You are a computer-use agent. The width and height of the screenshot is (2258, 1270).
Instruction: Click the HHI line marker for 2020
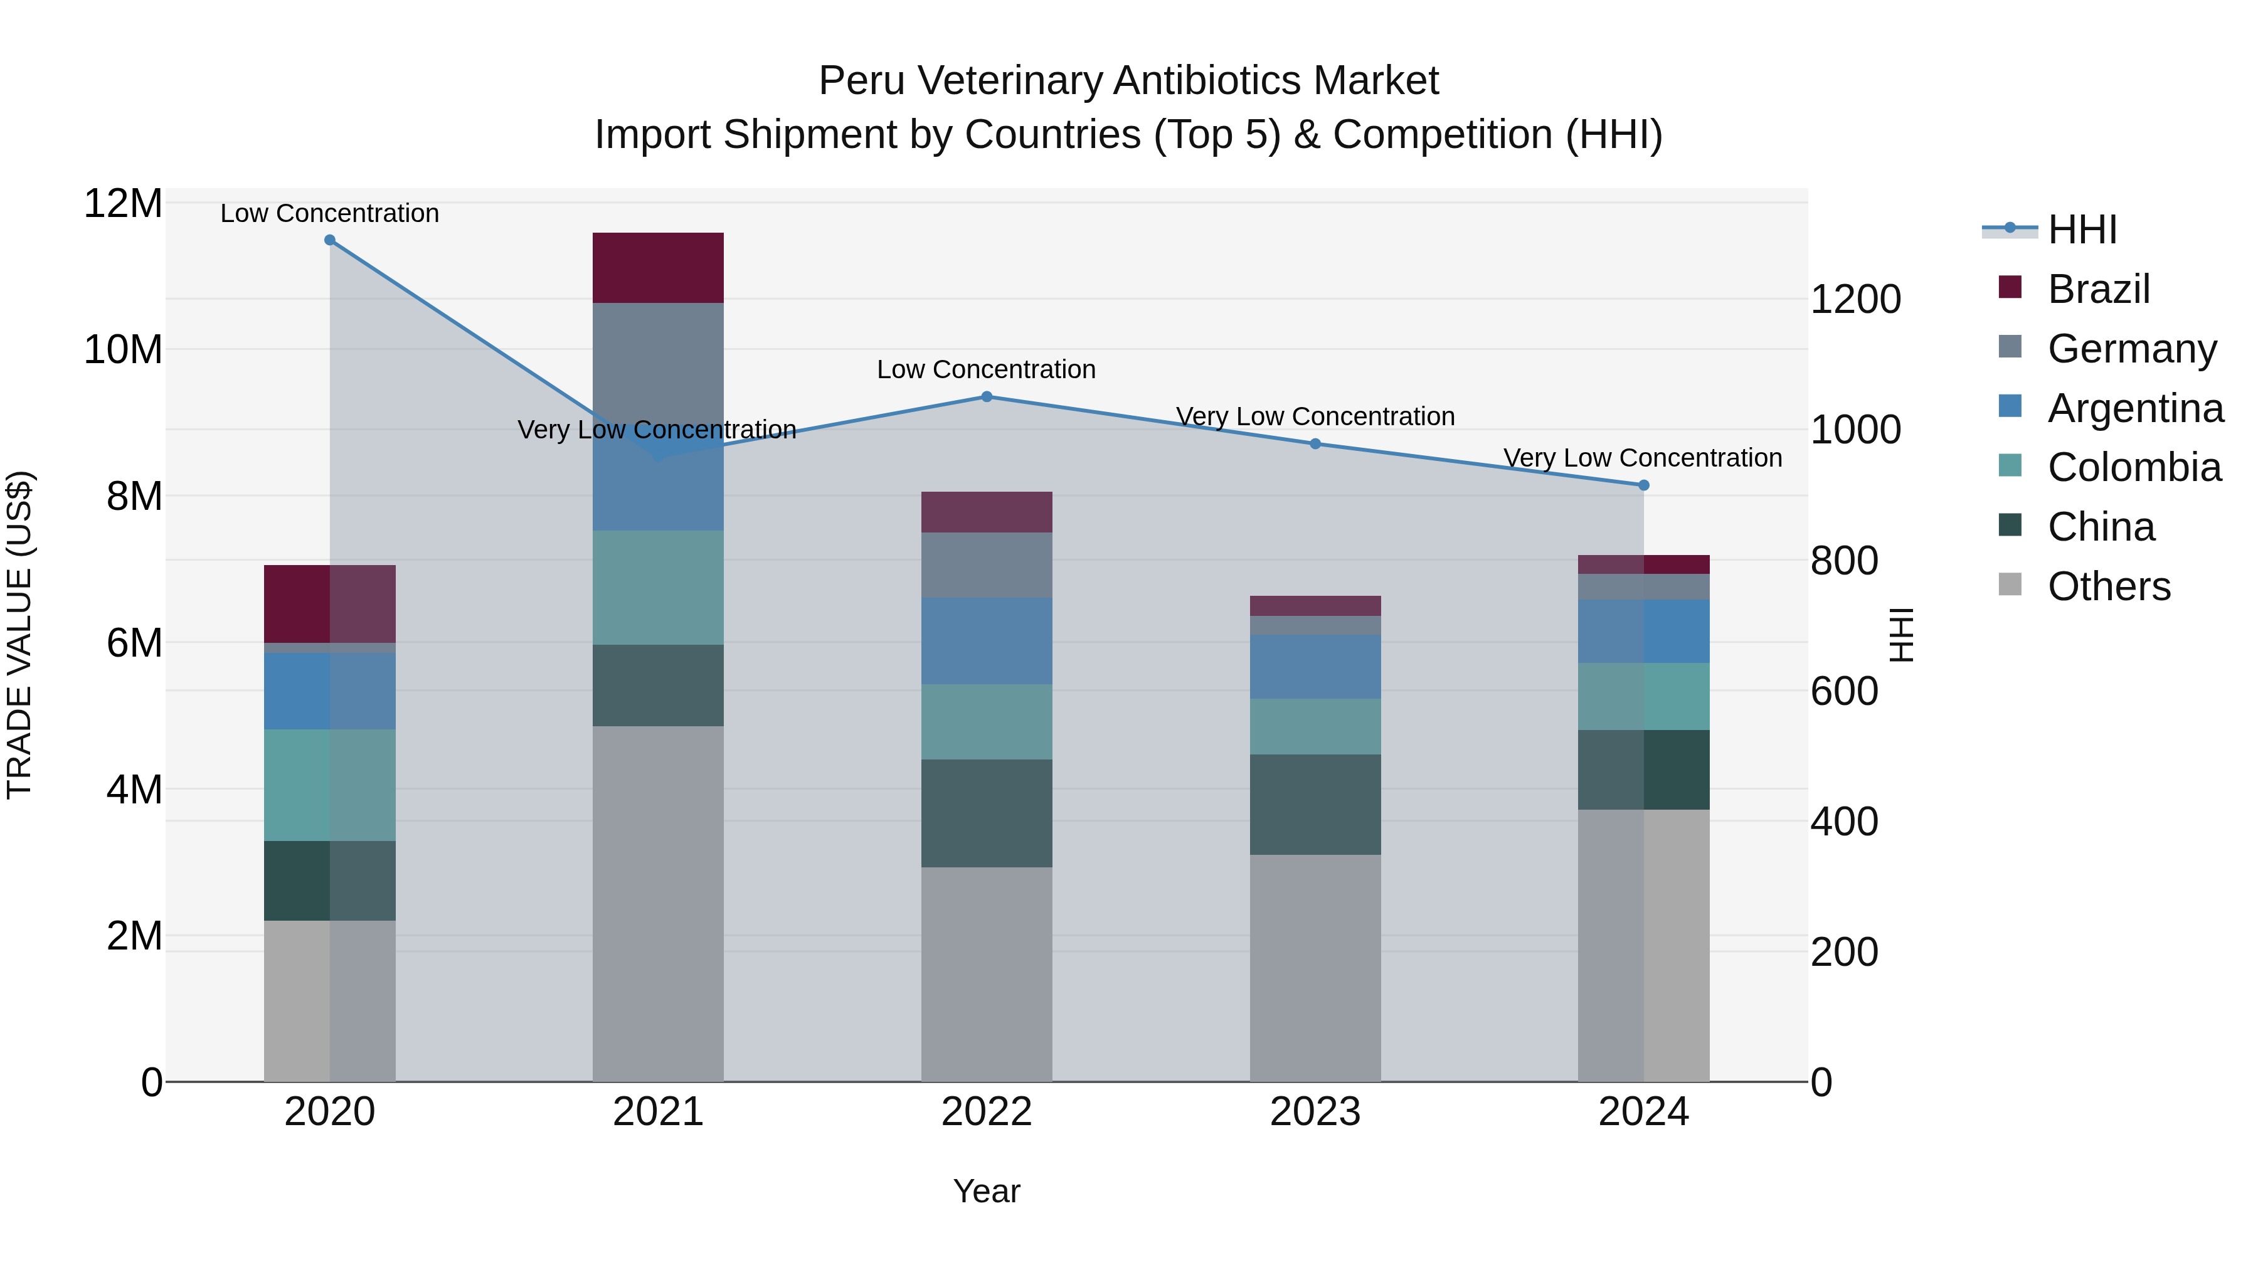point(329,240)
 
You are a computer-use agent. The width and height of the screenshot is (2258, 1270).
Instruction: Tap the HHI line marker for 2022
point(986,397)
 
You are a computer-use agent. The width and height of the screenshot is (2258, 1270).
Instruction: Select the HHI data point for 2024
point(1643,485)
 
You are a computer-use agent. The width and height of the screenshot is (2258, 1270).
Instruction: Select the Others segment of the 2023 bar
point(1315,968)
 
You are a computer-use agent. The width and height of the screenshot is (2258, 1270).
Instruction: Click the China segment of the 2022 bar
point(986,813)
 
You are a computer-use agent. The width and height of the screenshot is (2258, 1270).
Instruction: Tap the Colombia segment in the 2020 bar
point(329,785)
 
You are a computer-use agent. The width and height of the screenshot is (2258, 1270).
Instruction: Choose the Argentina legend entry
point(2135,408)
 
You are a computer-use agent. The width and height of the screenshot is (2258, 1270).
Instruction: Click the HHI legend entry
point(2082,230)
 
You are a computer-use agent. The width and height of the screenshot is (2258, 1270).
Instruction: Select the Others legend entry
point(2109,586)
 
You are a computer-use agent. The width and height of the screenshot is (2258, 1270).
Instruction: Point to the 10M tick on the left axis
point(123,350)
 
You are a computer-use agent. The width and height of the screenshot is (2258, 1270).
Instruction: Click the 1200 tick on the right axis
point(1855,300)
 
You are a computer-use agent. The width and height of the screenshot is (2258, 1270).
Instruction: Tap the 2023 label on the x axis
point(1315,1112)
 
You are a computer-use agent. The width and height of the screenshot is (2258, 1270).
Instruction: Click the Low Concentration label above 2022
point(986,370)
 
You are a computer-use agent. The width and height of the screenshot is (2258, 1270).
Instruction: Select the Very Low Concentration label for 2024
point(1643,458)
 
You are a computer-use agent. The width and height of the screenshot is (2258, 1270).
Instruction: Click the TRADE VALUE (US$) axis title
point(19,635)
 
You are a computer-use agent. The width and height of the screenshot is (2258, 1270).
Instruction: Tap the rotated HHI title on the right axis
point(1900,635)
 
